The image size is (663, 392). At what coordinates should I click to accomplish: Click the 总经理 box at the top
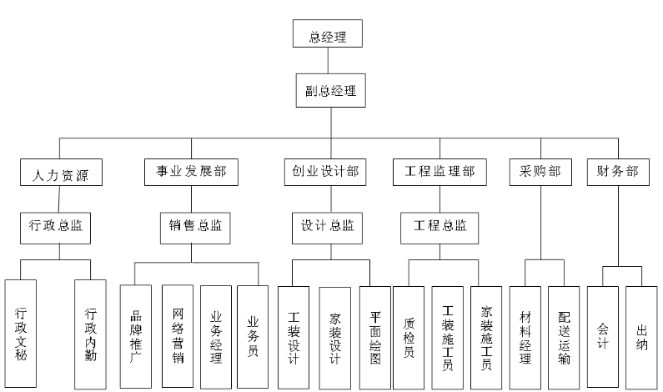(x=328, y=33)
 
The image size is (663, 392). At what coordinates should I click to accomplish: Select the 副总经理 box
(x=330, y=91)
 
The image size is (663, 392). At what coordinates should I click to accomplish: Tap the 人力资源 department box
(x=62, y=172)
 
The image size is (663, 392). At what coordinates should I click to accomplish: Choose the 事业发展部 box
(x=191, y=172)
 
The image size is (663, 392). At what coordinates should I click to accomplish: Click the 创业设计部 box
(x=325, y=172)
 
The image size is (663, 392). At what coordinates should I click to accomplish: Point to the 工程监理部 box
(x=439, y=172)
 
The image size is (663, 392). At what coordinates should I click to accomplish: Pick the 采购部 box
(x=540, y=172)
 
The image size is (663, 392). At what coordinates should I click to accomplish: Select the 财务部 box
(x=618, y=172)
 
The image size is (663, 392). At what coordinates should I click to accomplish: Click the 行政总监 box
(x=55, y=229)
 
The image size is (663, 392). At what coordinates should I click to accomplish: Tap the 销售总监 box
(x=195, y=229)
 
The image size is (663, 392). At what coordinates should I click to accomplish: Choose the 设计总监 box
(x=327, y=229)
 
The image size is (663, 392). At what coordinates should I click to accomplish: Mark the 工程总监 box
(x=439, y=229)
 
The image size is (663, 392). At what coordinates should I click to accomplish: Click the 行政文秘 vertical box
(x=21, y=334)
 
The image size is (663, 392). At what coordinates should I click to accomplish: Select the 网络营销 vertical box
(x=178, y=336)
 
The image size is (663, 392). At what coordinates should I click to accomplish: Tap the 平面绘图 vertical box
(x=375, y=338)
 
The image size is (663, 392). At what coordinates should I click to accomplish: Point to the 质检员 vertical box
(x=409, y=338)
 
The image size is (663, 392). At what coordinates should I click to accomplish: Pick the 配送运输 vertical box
(x=564, y=338)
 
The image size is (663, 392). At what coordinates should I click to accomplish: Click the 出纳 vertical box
(x=641, y=338)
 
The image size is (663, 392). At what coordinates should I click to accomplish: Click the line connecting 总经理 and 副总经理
(x=328, y=61)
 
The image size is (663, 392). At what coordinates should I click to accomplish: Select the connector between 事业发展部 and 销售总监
(x=191, y=199)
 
